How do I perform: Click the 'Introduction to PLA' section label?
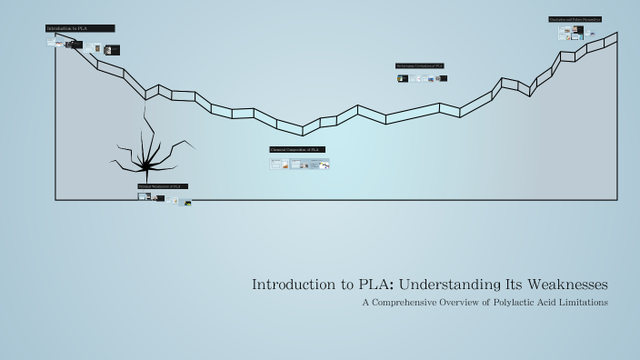point(79,29)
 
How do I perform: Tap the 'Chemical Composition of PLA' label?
point(296,149)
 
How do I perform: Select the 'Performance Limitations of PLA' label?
point(419,66)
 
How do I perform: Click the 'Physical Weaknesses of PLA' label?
point(163,186)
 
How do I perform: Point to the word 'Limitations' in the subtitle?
point(583,303)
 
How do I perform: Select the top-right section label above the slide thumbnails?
point(575,19)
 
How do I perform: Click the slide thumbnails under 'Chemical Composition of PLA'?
point(299,165)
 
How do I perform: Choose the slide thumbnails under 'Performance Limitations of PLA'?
point(421,78)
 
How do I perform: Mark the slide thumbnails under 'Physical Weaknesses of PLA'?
point(165,198)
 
